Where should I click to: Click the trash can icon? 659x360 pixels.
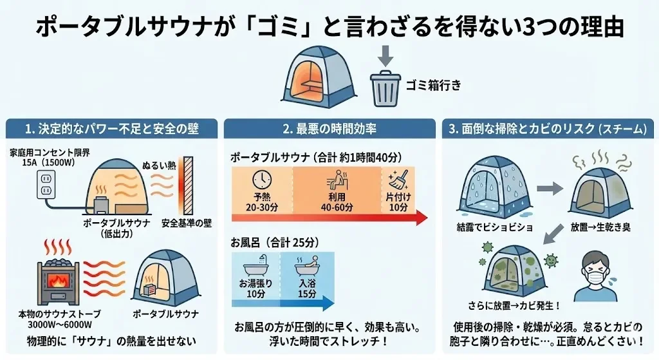pos(385,90)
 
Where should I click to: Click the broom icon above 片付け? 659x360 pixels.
pos(398,178)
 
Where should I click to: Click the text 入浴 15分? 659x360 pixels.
pos(308,289)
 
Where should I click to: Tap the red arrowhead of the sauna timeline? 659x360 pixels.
pos(421,218)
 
